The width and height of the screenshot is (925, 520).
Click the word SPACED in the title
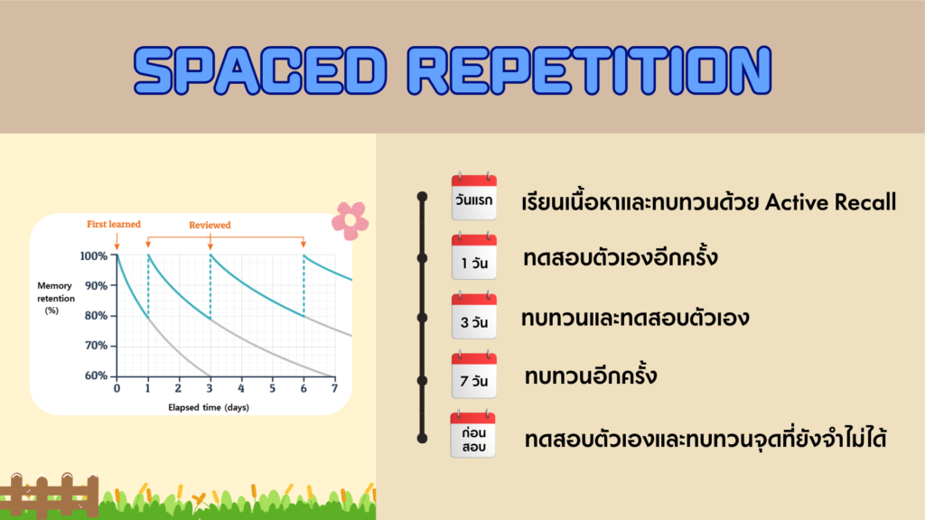[x=260, y=70]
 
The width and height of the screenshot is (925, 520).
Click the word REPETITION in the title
[x=589, y=70]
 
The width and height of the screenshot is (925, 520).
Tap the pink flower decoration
[x=350, y=220]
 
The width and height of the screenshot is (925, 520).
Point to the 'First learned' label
[x=114, y=224]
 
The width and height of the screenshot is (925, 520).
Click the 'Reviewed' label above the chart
[x=210, y=225]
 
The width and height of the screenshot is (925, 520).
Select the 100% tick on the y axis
[x=94, y=255]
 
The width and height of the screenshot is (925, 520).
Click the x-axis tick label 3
[x=210, y=388]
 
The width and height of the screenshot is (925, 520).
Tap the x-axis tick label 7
[x=334, y=388]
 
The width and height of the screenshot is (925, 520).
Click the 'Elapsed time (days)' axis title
[x=209, y=407]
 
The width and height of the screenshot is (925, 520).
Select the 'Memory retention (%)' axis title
[x=55, y=298]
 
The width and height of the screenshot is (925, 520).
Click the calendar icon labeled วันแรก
[x=473, y=196]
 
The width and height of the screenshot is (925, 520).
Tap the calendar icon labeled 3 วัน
[x=473, y=315]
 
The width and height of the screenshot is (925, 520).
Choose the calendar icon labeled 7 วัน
[x=473, y=375]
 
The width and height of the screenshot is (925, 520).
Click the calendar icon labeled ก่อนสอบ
[x=472, y=434]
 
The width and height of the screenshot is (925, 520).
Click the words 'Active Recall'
[x=831, y=202]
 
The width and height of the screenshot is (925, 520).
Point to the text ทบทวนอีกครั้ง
[x=591, y=375]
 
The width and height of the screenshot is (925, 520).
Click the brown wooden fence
[x=50, y=494]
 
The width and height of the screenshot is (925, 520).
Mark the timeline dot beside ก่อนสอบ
[x=422, y=438]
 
